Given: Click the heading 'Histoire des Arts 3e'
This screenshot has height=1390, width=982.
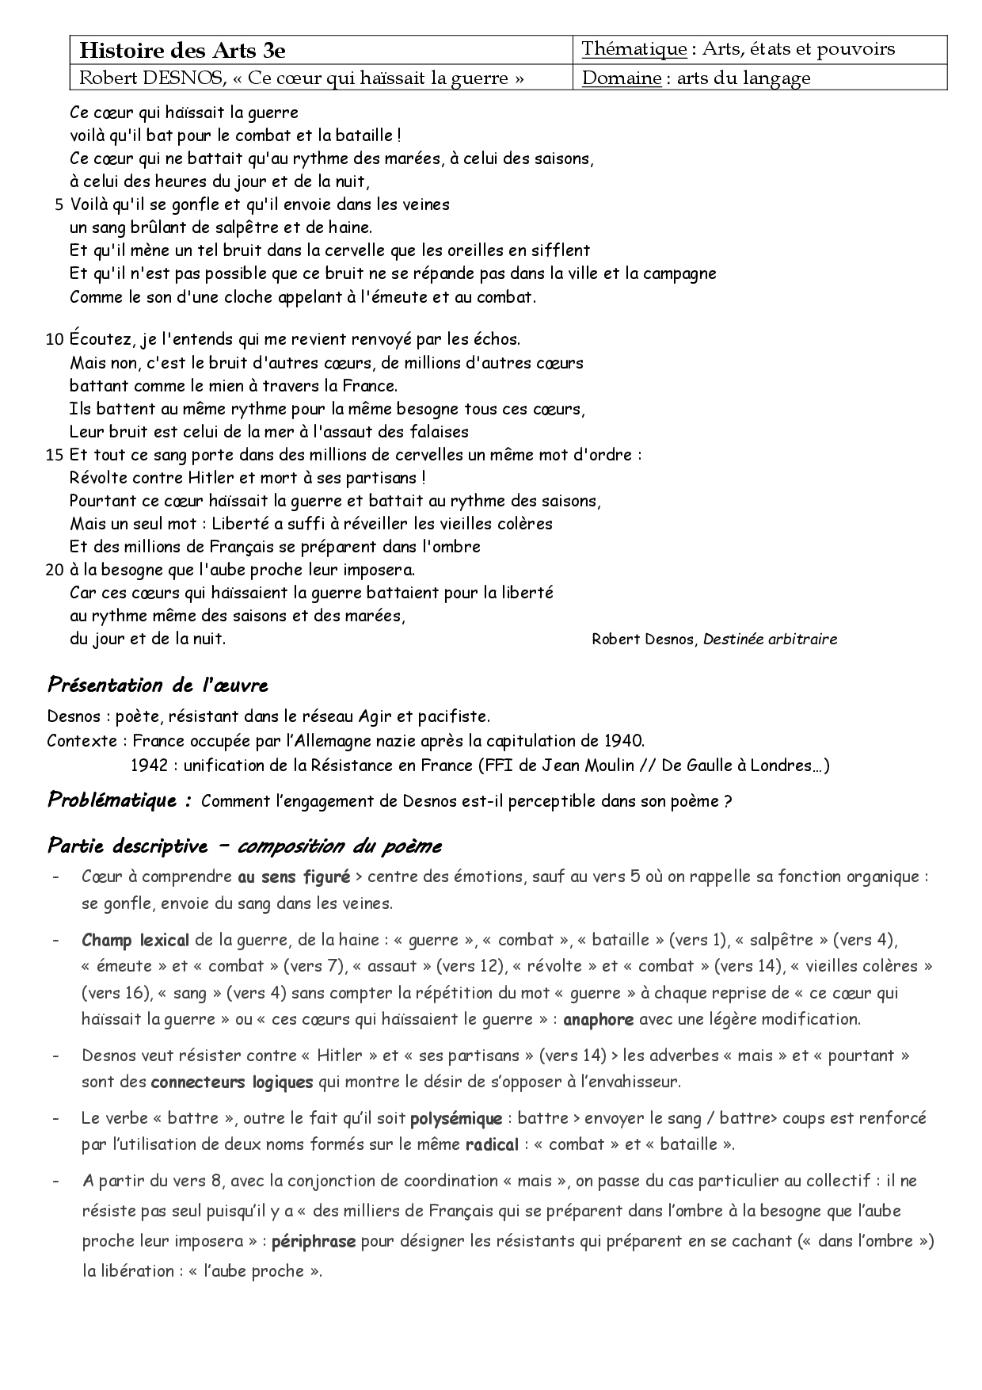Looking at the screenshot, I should tap(182, 51).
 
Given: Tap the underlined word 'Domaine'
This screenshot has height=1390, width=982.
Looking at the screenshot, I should tap(622, 78).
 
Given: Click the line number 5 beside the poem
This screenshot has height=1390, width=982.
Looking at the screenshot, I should tap(59, 204).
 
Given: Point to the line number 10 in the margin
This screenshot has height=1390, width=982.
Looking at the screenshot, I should tap(55, 340).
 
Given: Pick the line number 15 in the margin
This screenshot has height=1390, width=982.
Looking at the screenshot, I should tap(55, 456).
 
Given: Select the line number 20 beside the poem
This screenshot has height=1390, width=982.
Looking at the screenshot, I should tap(55, 570).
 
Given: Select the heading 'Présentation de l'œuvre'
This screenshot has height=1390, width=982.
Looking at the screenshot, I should tap(158, 685).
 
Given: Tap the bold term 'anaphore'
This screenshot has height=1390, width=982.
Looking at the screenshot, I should tap(598, 1019).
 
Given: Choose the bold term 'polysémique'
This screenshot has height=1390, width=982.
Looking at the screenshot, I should tap(456, 1119).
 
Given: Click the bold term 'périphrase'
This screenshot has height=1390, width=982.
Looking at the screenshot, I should tap(314, 1242).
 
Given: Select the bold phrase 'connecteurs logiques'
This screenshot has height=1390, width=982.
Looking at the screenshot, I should tap(232, 1082).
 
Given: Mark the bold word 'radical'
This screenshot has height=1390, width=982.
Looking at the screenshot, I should tap(492, 1144).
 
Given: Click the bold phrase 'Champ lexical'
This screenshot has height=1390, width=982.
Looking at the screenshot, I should tap(135, 941).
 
